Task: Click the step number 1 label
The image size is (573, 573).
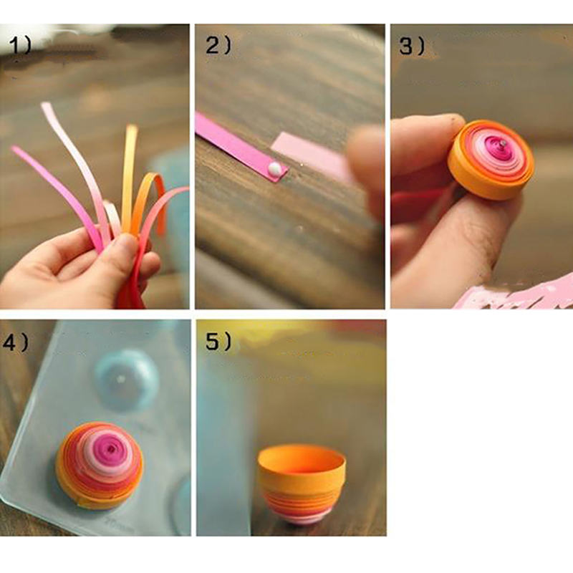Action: pyautogui.click(x=21, y=46)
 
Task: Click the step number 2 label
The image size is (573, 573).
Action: pyautogui.click(x=218, y=46)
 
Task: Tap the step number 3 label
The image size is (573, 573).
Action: pyautogui.click(x=412, y=46)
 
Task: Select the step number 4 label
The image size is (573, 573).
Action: pyautogui.click(x=16, y=342)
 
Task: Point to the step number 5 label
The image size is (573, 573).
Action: pyautogui.click(x=218, y=342)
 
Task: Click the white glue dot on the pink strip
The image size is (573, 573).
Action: pyautogui.click(x=274, y=168)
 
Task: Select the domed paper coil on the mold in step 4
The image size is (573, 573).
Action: pyautogui.click(x=99, y=465)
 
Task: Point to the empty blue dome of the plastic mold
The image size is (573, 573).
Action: pyautogui.click(x=127, y=380)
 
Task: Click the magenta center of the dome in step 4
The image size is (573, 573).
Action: pyautogui.click(x=110, y=447)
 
